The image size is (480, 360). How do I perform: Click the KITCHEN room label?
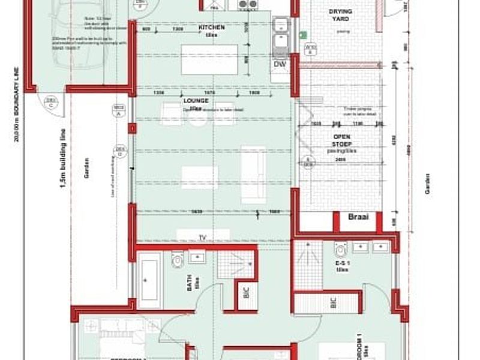tap(212, 28)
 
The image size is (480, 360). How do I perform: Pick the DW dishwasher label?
tap(280, 64)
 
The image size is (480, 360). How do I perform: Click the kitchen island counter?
tap(209, 59)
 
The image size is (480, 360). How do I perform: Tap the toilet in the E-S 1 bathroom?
tap(341, 250)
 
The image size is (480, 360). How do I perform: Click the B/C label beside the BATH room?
tap(246, 294)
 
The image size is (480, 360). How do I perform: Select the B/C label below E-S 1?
tap(334, 302)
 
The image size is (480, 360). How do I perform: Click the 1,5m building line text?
tap(62, 159)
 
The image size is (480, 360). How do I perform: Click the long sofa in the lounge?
tap(252, 174)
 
